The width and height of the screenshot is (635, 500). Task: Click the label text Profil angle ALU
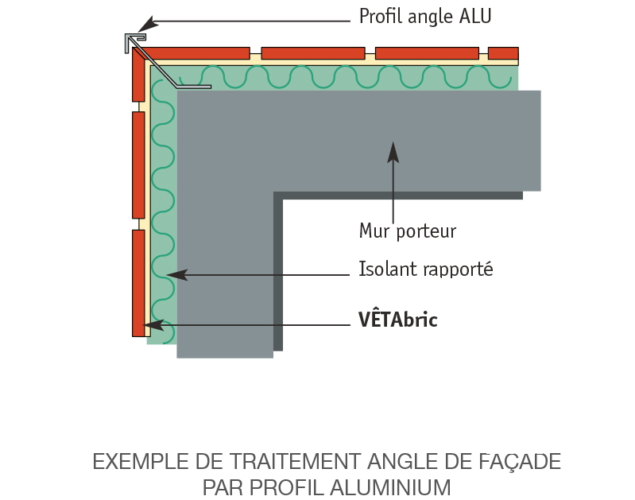point(425,17)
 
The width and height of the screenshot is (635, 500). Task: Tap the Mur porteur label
point(408,231)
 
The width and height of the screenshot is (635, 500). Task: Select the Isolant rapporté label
point(426,269)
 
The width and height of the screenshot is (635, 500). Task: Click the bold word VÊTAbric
point(398,319)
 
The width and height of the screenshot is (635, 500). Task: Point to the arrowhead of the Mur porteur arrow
point(393,153)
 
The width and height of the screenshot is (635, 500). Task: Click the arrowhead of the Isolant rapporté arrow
point(177,275)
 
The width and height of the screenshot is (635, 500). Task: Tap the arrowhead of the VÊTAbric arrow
point(153,325)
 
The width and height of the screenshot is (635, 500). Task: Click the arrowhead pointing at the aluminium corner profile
point(147,24)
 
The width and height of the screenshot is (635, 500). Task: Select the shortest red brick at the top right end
point(503,53)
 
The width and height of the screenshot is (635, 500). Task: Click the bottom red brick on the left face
point(138,283)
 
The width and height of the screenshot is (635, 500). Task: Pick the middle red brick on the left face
point(138,165)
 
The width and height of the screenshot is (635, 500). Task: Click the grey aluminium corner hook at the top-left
point(135,41)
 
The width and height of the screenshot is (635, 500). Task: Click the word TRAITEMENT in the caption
point(295,462)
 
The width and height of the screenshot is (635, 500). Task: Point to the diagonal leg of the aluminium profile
point(156,67)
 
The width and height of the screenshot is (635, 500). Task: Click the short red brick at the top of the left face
point(138,75)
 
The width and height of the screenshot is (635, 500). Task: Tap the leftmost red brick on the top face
point(196,53)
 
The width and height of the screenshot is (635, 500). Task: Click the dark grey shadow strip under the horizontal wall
point(398,196)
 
